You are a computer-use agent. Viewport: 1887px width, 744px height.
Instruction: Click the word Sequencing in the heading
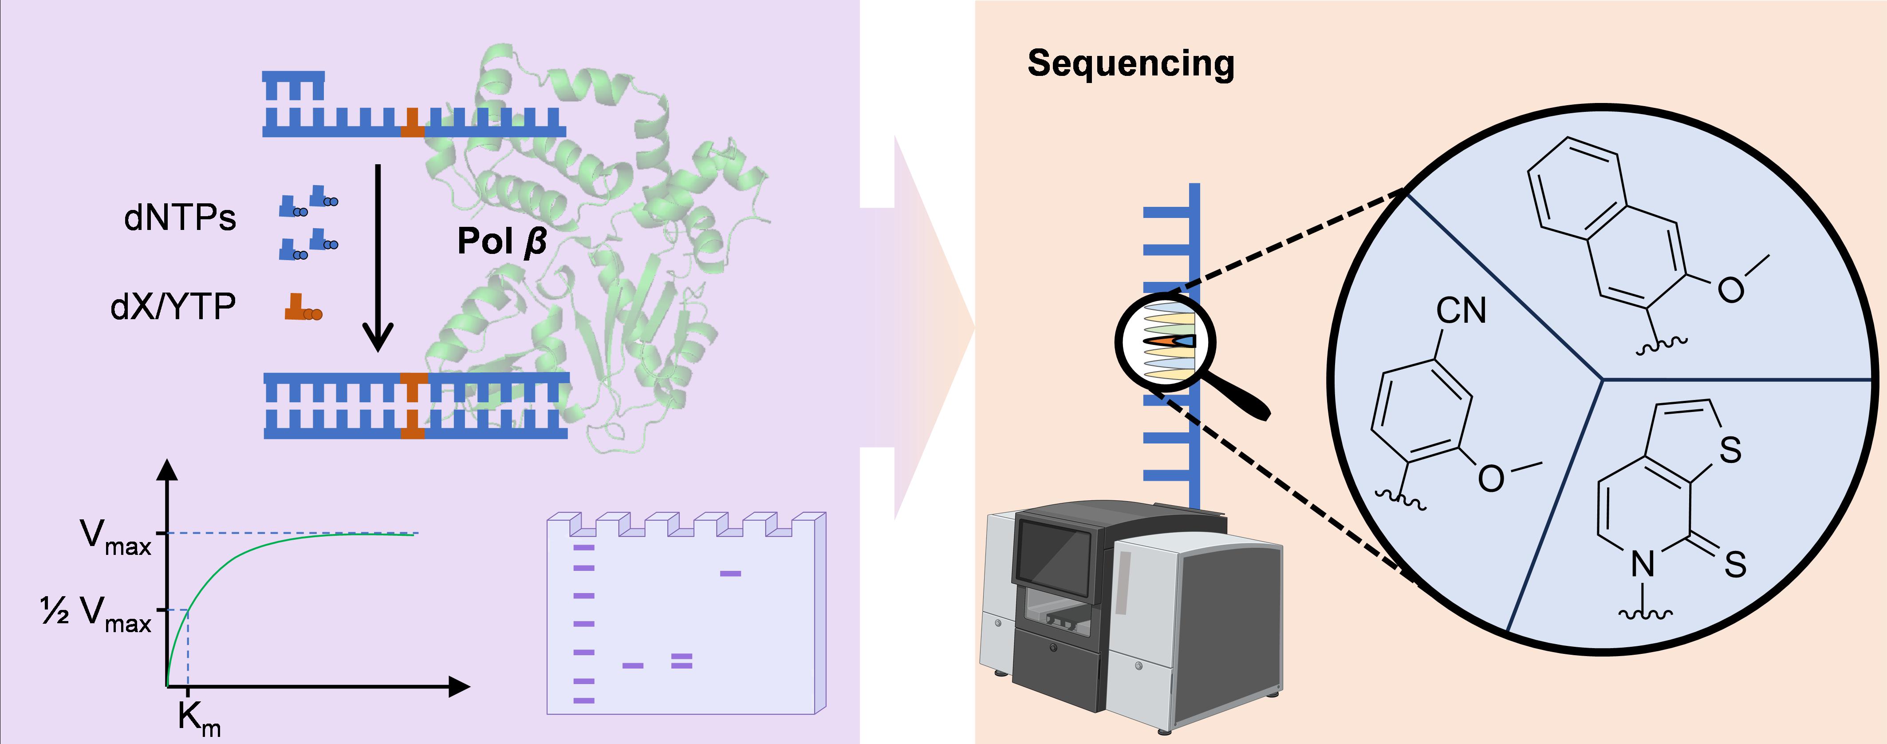[1131, 64]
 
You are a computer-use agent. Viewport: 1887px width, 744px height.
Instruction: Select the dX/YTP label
[173, 306]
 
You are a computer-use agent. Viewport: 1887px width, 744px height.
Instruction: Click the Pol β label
[502, 241]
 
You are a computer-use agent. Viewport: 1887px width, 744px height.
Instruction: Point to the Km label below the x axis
[198, 718]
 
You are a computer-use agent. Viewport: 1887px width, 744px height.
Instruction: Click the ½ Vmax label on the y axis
[96, 612]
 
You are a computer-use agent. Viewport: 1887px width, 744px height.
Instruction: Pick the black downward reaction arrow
[378, 257]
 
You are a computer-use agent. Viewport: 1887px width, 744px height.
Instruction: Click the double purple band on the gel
[681, 661]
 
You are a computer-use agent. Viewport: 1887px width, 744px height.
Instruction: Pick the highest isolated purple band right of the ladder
[730, 573]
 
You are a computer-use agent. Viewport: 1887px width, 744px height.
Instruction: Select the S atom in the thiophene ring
[1730, 450]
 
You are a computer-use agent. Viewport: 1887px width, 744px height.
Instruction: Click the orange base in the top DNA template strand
[413, 123]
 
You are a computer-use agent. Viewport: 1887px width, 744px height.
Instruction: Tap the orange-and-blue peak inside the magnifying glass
[1170, 341]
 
